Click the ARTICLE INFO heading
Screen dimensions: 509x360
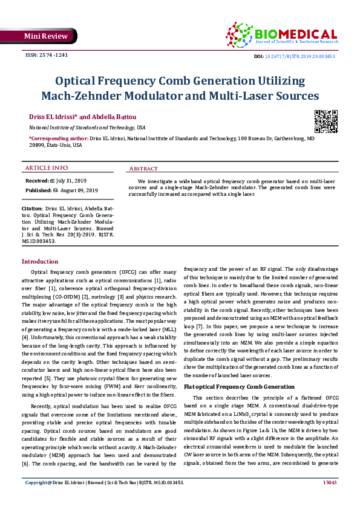pyautogui.click(x=47, y=167)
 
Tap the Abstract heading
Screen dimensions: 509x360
pyautogui.click(x=144, y=168)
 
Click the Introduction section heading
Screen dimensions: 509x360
pyautogui.click(x=40, y=261)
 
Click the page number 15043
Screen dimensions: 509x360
pyautogui.click(x=329, y=499)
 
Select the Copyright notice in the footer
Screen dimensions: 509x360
pyautogui.click(x=104, y=499)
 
